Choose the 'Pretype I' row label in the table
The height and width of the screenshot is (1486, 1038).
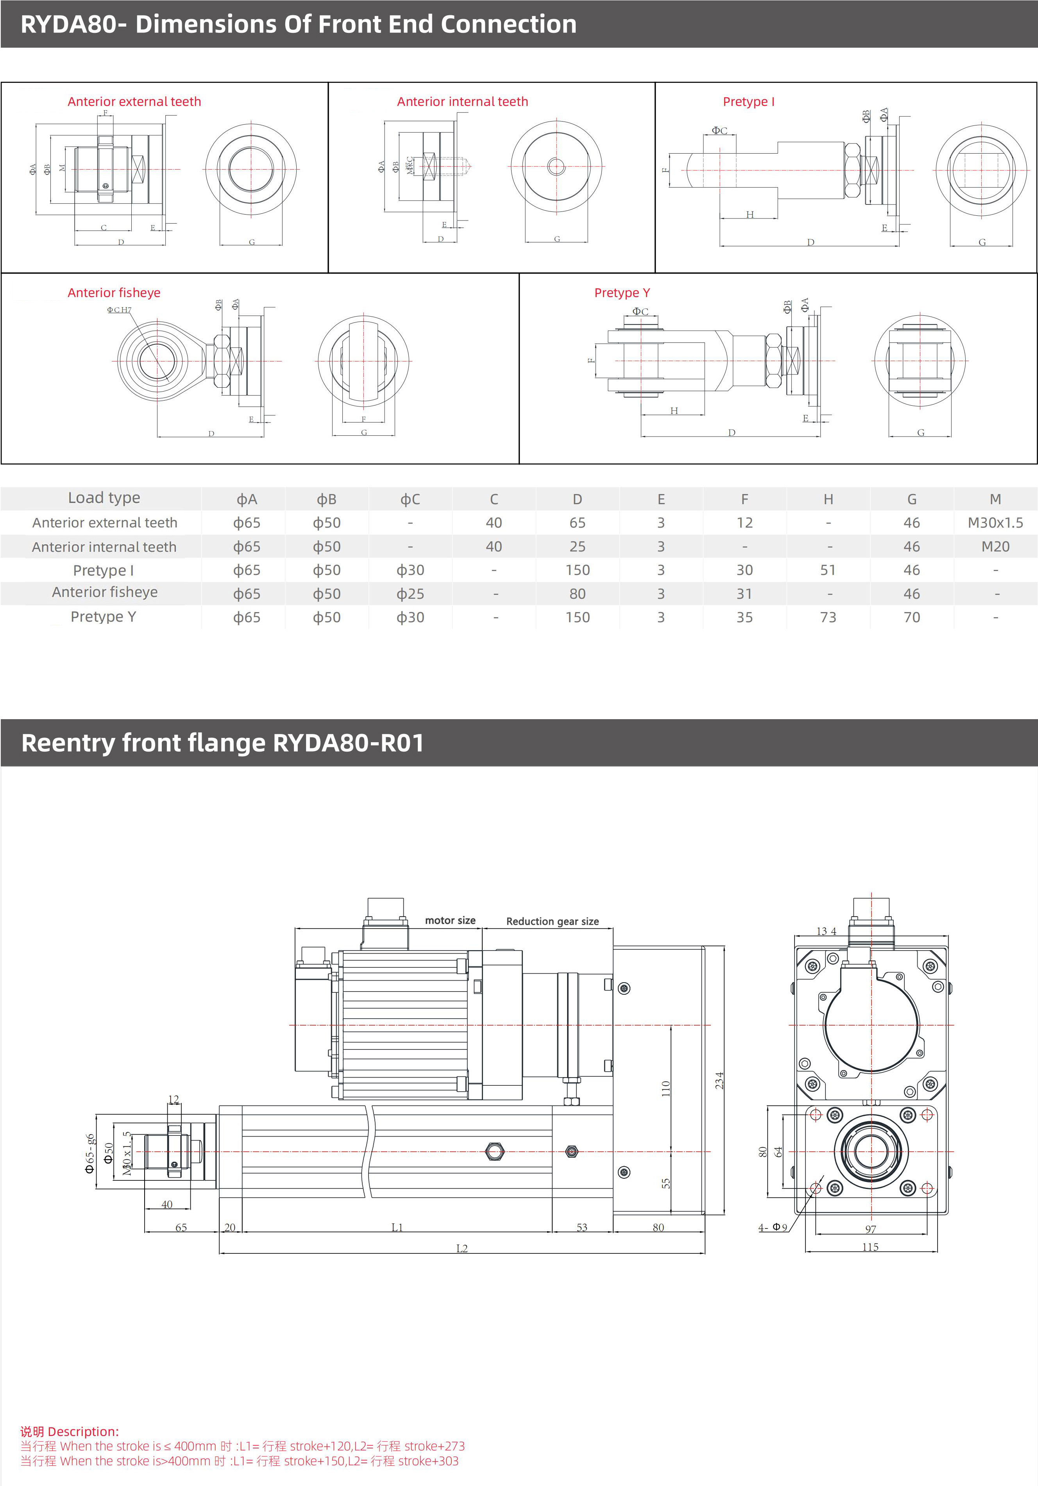click(x=104, y=570)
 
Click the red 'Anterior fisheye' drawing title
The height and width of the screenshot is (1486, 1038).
click(x=114, y=292)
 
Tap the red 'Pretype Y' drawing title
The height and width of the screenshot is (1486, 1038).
click(x=622, y=292)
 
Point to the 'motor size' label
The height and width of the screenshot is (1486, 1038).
click(x=450, y=920)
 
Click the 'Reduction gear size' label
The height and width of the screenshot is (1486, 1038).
click(x=552, y=921)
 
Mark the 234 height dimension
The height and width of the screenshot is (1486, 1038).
click(x=718, y=1080)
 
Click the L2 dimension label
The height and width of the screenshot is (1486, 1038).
click(x=462, y=1248)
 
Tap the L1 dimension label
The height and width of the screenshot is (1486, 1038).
click(x=397, y=1227)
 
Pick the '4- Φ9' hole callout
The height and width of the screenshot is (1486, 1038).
click(x=773, y=1227)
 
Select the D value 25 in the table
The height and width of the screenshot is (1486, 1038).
click(x=577, y=547)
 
